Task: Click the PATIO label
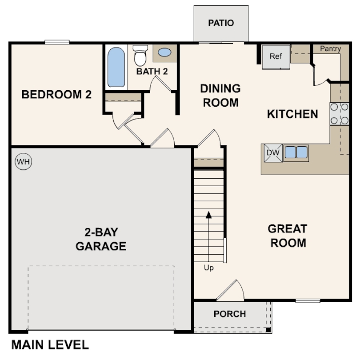[x=221, y=23]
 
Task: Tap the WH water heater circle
[x=24, y=162]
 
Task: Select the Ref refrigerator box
[x=276, y=56]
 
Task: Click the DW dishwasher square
[x=272, y=152]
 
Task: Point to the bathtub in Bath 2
[x=116, y=67]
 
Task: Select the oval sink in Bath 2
[x=164, y=52]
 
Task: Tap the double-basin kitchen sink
[x=296, y=152]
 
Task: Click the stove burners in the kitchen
[x=339, y=114]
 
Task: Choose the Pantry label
[x=330, y=49]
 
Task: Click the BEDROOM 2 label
[x=56, y=94]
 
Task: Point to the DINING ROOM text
[x=220, y=95]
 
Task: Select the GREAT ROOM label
[x=288, y=236]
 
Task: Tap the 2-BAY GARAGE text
[x=101, y=239]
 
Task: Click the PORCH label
[x=229, y=314]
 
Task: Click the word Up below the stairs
[x=209, y=268]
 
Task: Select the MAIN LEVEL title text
[x=50, y=344]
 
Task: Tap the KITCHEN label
[x=292, y=114]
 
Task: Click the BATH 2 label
[x=152, y=71]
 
